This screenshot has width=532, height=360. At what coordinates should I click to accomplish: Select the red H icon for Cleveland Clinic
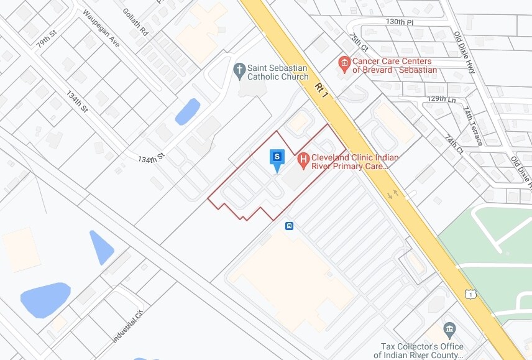click(x=304, y=160)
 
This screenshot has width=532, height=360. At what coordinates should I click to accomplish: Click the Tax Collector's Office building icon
click(x=449, y=329)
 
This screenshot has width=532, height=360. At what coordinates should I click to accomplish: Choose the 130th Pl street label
click(x=399, y=21)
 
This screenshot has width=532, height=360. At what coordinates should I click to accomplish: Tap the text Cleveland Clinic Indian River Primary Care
click(x=355, y=162)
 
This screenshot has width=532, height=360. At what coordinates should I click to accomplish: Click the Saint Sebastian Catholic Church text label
click(x=278, y=72)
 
